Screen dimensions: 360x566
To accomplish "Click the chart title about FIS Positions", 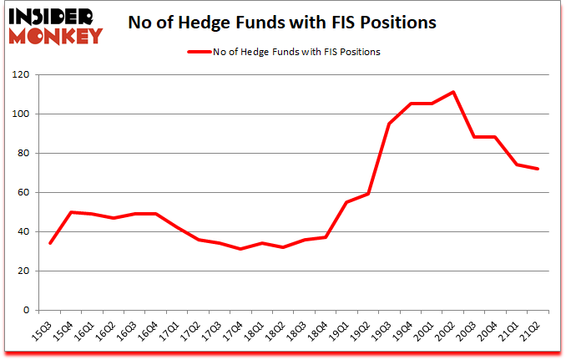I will click(x=282, y=23).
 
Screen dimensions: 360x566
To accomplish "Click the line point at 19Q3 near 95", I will click(x=389, y=124).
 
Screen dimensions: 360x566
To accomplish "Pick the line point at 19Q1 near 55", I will click(x=346, y=202).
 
